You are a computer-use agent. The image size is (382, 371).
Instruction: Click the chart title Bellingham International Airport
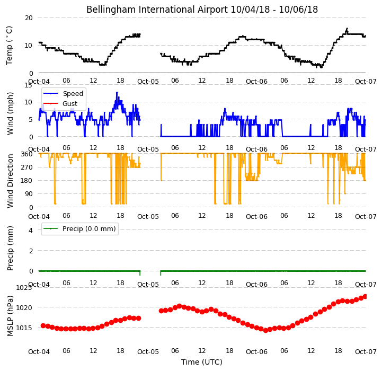coord(157,10)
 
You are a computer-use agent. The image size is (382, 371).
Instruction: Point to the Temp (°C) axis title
coord(9,46)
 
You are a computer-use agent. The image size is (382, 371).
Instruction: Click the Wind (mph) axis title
coord(10,113)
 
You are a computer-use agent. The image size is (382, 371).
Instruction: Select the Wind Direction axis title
coord(10,181)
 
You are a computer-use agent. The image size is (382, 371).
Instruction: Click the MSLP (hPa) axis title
coord(10,316)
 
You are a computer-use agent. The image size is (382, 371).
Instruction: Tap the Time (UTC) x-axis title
coord(202,362)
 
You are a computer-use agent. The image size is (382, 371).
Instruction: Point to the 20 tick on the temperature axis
coord(29,18)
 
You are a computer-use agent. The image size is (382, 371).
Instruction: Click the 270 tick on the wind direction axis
coord(27,167)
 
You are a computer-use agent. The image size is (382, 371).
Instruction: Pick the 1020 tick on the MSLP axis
coord(24,307)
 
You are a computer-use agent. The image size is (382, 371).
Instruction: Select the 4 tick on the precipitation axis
coord(30,230)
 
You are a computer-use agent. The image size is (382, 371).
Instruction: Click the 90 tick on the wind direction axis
coord(29,194)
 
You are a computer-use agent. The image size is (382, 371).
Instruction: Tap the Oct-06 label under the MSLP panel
coord(256,352)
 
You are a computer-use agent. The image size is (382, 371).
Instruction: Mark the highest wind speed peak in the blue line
coord(117,92)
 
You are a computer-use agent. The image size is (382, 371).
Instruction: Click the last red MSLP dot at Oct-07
coord(365,297)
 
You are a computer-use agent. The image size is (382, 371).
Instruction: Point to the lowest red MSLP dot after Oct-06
coord(266,330)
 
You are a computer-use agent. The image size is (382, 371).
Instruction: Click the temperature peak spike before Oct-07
coord(347,29)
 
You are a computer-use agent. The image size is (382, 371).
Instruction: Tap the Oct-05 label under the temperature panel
coord(148,82)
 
